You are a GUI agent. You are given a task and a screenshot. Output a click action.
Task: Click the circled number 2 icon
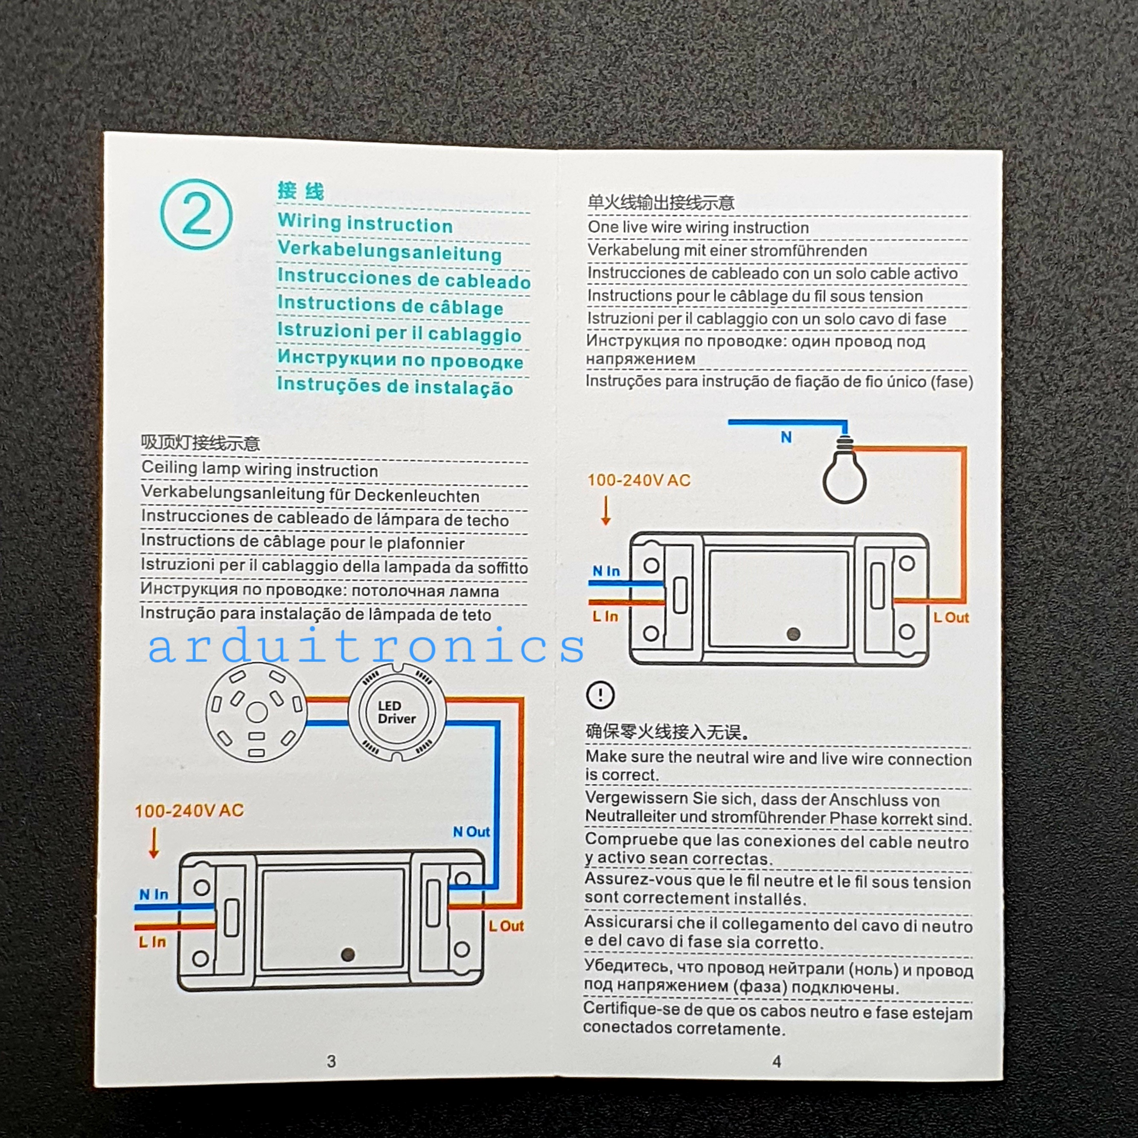point(196,214)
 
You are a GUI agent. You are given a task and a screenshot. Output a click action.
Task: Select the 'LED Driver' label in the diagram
point(396,712)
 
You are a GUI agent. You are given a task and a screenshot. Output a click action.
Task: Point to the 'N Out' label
point(471,832)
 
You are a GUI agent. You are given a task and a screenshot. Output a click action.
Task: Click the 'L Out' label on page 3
point(506,926)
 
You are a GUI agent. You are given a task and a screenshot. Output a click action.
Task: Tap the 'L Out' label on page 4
point(951,617)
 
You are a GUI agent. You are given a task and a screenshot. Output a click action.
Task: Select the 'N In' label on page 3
point(154,894)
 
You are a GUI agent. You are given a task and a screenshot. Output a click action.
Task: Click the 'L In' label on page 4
point(605,616)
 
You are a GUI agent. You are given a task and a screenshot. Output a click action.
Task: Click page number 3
point(332,1062)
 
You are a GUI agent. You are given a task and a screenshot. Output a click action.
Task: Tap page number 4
point(776,1062)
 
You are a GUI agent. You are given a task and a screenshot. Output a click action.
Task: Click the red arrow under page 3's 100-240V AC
point(154,843)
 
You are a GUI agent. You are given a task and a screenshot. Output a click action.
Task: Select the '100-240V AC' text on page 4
point(638,480)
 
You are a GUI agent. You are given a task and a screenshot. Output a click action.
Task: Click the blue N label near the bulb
point(786,437)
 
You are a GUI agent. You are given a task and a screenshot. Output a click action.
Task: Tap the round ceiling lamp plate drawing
point(256,712)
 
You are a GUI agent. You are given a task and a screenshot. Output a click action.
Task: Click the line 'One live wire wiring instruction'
point(698,227)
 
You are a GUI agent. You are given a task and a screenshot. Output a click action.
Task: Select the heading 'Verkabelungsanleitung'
point(389,251)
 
